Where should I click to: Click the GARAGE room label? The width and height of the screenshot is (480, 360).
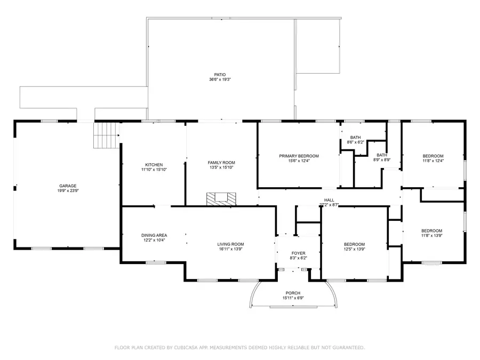[67, 186]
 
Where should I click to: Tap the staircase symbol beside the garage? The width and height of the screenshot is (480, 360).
[106, 135]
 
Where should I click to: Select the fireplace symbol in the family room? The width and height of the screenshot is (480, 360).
[221, 198]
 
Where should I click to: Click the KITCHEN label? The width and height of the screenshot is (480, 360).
[154, 165]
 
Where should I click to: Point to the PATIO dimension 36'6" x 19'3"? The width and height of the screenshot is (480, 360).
[220, 80]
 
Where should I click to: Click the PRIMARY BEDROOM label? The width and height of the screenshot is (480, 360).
[299, 156]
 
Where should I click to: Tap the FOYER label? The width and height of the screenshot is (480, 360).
[298, 253]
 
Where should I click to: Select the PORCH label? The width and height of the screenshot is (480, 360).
[293, 293]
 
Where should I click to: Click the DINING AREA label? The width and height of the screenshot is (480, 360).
[154, 235]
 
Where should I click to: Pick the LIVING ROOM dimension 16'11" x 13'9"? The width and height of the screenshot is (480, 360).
[231, 249]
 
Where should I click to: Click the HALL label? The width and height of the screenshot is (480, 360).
[329, 200]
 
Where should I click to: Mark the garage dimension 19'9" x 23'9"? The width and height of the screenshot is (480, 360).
[67, 191]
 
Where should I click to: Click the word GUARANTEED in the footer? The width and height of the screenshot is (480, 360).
[346, 348]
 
